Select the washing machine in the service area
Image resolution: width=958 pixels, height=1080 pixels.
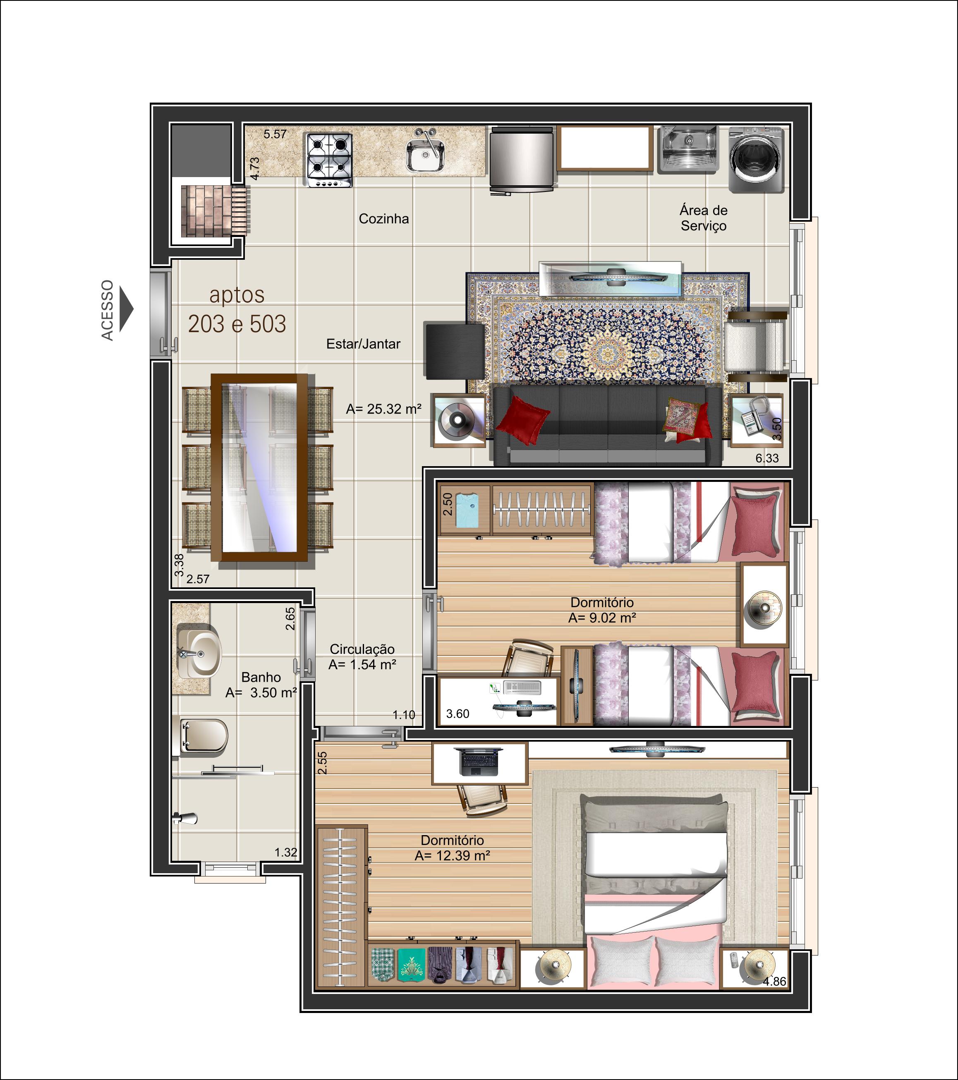pyautogui.click(x=756, y=160)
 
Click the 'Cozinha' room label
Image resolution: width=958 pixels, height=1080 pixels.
pyautogui.click(x=383, y=219)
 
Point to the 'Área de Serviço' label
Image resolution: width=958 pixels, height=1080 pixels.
pyautogui.click(x=703, y=218)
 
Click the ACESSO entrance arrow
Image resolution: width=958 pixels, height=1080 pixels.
pyautogui.click(x=126, y=309)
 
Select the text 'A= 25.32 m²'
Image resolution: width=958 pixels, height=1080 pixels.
pyautogui.click(x=383, y=409)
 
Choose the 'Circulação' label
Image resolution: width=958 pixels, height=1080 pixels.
pyautogui.click(x=362, y=649)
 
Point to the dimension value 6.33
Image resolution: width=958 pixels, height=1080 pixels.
pyautogui.click(x=767, y=458)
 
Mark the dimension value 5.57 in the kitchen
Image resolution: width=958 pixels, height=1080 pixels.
pyautogui.click(x=275, y=134)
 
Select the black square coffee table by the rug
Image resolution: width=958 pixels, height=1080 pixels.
pyautogui.click(x=455, y=351)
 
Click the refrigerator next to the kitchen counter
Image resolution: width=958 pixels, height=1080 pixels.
pyautogui.click(x=522, y=160)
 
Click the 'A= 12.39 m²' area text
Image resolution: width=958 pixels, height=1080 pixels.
pyautogui.click(x=452, y=855)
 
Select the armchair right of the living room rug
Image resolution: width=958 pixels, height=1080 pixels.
pyautogui.click(x=756, y=346)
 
